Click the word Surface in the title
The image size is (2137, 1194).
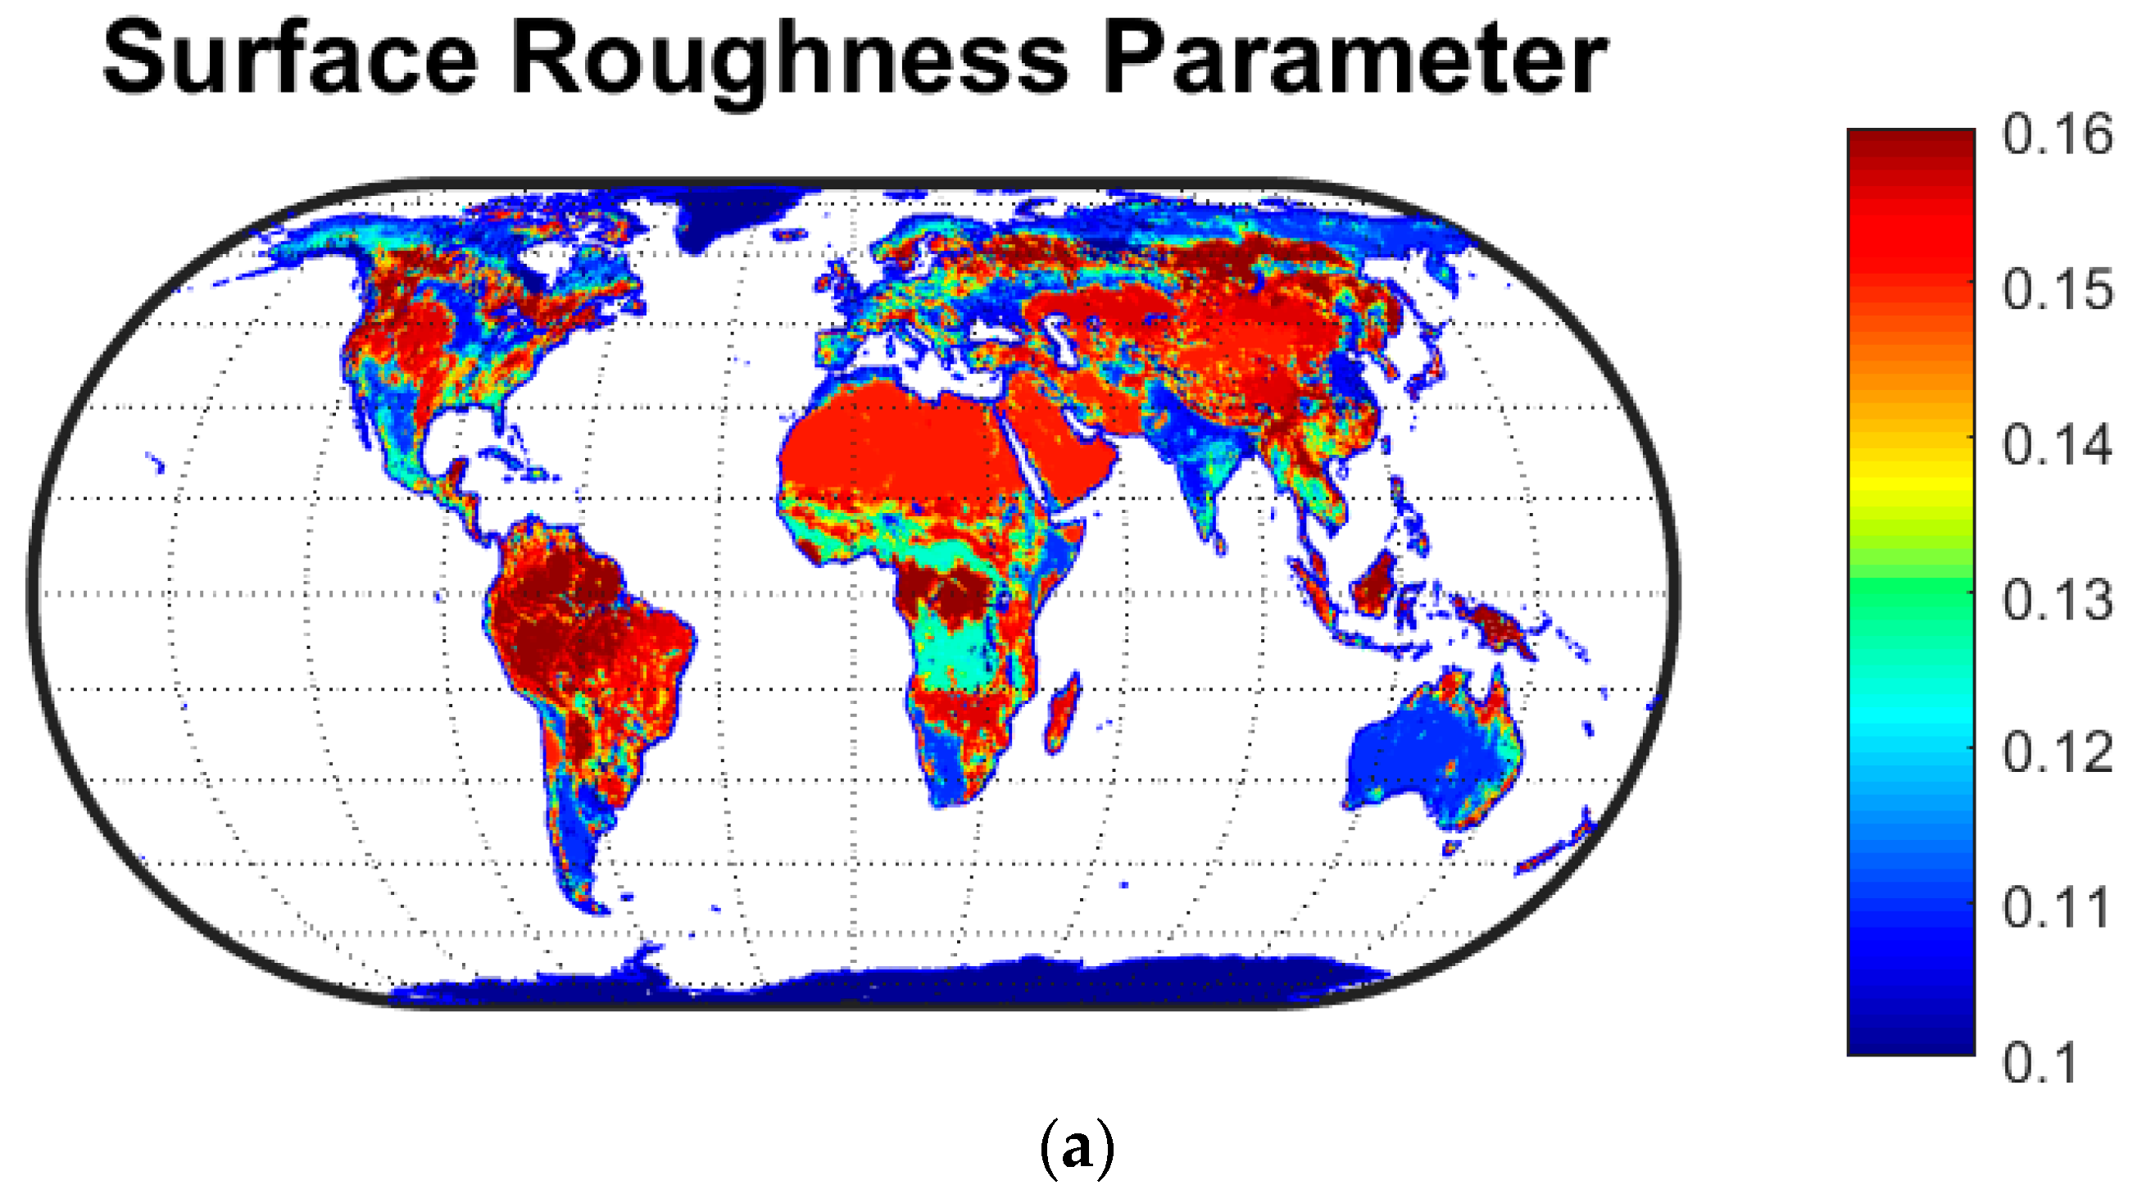pos(290,60)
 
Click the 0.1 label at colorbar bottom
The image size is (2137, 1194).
pos(2040,1062)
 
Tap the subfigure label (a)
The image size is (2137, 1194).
pos(1077,1148)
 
